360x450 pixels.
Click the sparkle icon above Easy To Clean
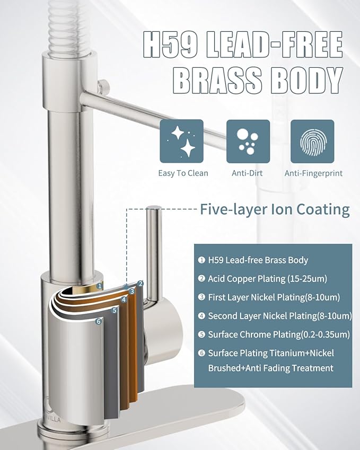pyautogui.click(x=182, y=141)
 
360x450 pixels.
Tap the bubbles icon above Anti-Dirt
pyautogui.click(x=248, y=141)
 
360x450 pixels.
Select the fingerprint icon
pyautogui.click(x=312, y=141)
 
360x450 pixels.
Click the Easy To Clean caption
pyautogui.click(x=183, y=173)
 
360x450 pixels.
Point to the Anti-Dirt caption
pyautogui.click(x=248, y=173)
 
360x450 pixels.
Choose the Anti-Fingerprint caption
pyautogui.click(x=313, y=173)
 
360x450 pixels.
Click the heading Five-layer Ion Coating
pyautogui.click(x=275, y=209)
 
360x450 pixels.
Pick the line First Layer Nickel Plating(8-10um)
pyautogui.click(x=274, y=297)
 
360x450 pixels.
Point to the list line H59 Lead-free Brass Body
pyautogui.click(x=258, y=260)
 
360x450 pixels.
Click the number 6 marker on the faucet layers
pyautogui.click(x=98, y=321)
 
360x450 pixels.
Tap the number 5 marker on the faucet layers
pyautogui.click(x=115, y=310)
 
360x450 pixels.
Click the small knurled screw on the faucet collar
pyautogui.click(x=103, y=84)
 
